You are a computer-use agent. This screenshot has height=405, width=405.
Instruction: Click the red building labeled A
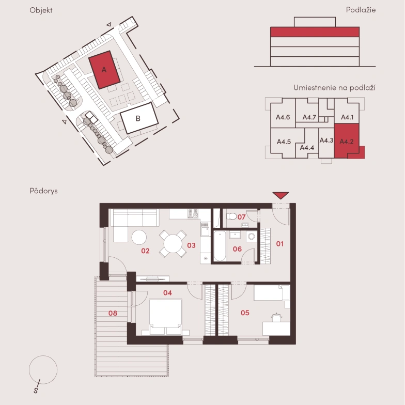pyautogui.click(x=104, y=70)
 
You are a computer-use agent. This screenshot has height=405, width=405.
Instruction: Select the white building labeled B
pyautogui.click(x=139, y=118)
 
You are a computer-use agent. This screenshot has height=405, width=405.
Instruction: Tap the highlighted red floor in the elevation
pyautogui.click(x=315, y=32)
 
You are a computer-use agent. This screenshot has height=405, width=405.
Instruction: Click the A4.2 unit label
pyautogui.click(x=346, y=142)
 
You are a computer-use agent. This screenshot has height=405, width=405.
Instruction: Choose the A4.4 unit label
pyautogui.click(x=307, y=148)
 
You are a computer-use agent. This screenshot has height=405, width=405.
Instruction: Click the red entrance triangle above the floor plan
pyautogui.click(x=281, y=195)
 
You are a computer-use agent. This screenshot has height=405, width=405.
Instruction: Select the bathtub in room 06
pyautogui.click(x=220, y=246)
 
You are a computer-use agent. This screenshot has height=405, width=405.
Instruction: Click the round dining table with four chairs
pyautogui.click(x=173, y=244)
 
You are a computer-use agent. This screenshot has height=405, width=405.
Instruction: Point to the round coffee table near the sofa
pyautogui.click(x=139, y=237)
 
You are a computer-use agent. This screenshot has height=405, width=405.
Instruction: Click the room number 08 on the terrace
pyautogui.click(x=113, y=313)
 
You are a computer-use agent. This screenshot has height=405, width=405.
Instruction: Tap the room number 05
pyautogui.click(x=245, y=313)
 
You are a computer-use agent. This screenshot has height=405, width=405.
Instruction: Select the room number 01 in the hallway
pyautogui.click(x=280, y=244)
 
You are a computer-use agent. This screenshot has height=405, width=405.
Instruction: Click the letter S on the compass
pyautogui.click(x=36, y=390)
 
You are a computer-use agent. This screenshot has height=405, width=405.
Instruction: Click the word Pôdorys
pyautogui.click(x=43, y=191)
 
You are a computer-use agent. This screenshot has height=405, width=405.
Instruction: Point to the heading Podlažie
pyautogui.click(x=361, y=10)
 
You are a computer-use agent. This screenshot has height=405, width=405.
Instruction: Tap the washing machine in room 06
pyautogui.click(x=251, y=237)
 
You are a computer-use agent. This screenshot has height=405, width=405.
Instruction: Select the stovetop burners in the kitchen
pyautogui.click(x=193, y=214)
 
